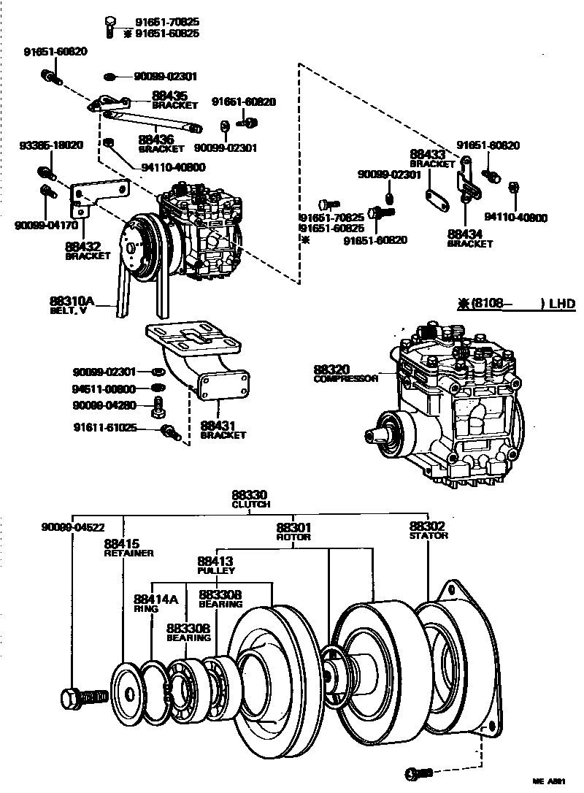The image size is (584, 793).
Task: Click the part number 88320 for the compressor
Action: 332,369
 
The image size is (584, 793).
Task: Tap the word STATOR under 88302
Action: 429,536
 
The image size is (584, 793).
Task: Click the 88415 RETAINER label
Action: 128,548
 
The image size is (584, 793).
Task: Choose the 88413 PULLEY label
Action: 215,566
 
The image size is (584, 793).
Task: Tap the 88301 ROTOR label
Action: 293,531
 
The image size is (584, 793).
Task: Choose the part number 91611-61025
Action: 104,427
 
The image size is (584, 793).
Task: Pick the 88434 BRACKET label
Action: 470,238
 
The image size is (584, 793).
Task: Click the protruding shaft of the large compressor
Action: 378,435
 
